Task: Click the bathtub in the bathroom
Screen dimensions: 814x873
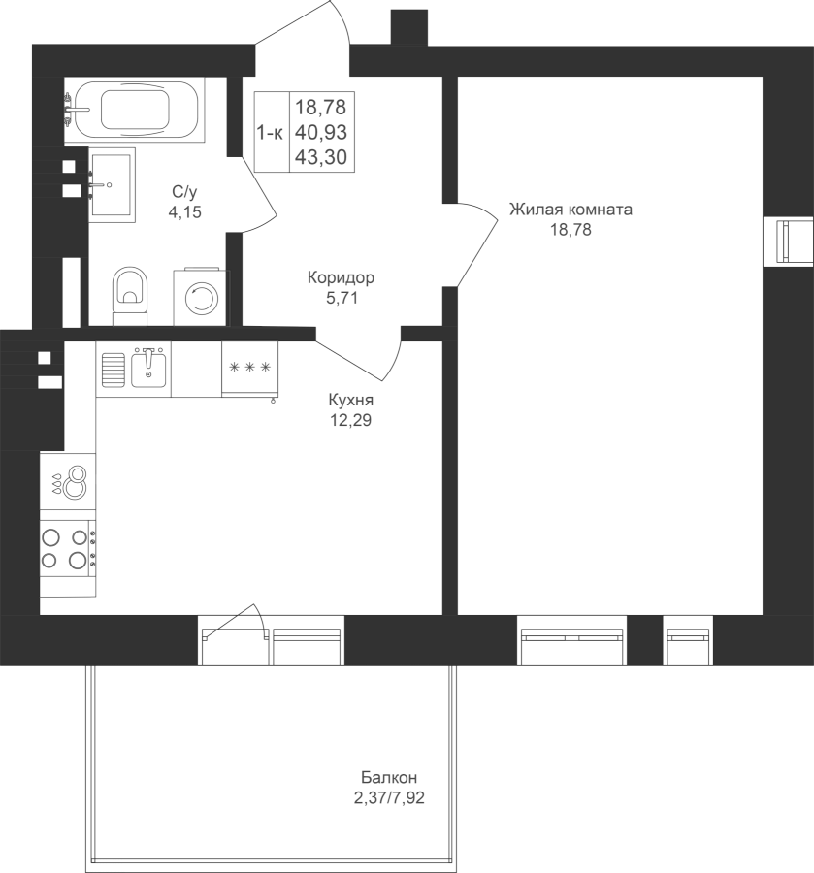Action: tap(134, 110)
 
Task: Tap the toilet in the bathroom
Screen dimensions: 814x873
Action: tap(131, 296)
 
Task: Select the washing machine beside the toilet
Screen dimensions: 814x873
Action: tap(202, 297)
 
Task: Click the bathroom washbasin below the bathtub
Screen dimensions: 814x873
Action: tap(112, 185)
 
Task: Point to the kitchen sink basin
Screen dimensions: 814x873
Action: tap(148, 370)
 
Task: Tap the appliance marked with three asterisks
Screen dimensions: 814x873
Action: tap(249, 370)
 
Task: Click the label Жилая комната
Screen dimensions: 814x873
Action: tap(570, 210)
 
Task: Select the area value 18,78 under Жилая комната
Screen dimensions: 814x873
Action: tap(570, 229)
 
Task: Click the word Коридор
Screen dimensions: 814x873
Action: tap(341, 277)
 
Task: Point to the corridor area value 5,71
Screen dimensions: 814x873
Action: tap(342, 298)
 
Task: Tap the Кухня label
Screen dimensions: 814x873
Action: tap(351, 400)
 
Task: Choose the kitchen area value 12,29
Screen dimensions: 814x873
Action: tap(351, 420)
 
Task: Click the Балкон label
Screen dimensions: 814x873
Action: tap(389, 777)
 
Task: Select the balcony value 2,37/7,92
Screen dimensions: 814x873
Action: tap(389, 798)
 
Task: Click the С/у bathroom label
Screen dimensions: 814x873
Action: tap(185, 193)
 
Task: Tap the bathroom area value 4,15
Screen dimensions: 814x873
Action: tap(185, 212)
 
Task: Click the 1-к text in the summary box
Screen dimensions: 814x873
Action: tap(270, 133)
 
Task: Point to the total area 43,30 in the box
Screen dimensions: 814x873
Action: tap(321, 157)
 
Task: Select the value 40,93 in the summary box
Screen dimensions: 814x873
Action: tap(321, 133)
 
